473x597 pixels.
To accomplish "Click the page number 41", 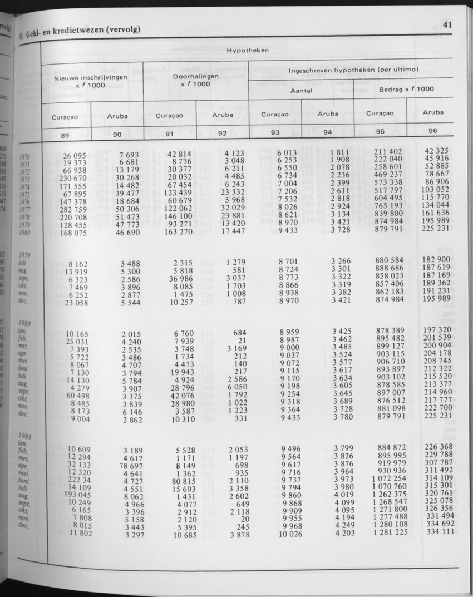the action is coord(447,24).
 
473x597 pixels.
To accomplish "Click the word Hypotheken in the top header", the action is coord(248,51).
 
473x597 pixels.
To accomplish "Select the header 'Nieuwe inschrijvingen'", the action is coord(90,78).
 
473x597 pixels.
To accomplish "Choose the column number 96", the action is coord(433,131).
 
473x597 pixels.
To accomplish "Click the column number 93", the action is coord(275,132).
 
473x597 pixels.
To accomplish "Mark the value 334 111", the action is coord(440,531).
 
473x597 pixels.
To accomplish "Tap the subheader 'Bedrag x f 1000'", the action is coord(407,89).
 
